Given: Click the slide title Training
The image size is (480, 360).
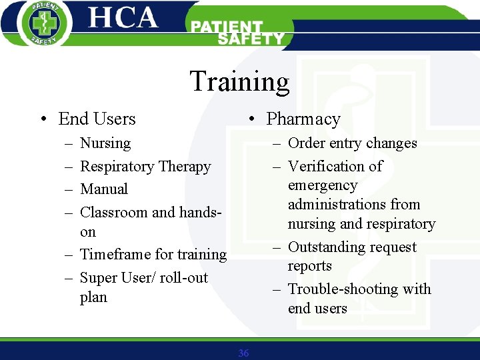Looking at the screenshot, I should coord(239,81).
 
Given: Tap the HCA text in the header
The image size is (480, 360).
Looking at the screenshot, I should coord(123,18).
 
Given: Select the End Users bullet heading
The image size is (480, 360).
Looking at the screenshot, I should coord(97,119).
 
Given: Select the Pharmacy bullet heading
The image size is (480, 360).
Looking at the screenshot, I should coord(303,119).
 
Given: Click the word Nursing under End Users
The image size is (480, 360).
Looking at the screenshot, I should coord(105,143).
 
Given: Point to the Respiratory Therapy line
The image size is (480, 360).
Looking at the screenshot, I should coord(145,167).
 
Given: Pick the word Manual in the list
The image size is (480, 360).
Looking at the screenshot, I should coord(104,189).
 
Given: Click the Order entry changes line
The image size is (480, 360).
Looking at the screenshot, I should coord(352,143).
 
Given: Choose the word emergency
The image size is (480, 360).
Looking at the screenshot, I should coord(323,185).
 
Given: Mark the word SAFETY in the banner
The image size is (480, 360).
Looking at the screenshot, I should coord(251,39).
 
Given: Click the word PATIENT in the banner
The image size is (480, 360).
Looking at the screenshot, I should coord(227,27).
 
